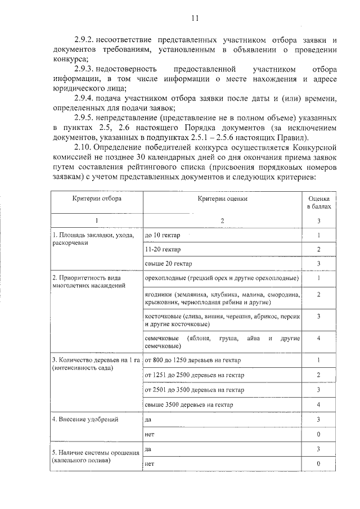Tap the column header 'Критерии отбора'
pyautogui.click(x=96, y=199)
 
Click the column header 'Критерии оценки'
pyautogui.click(x=222, y=199)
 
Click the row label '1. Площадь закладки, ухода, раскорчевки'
pyautogui.click(x=93, y=238)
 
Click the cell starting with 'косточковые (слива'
pyautogui.click(x=222, y=321)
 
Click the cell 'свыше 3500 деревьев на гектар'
pyautogui.click(x=188, y=404)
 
